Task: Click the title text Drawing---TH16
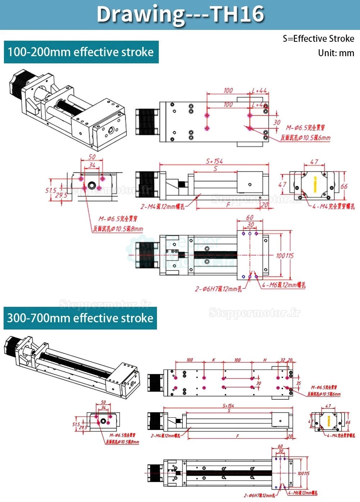[180, 14]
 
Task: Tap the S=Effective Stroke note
[318, 39]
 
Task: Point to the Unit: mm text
[336, 53]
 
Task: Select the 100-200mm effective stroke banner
[81, 52]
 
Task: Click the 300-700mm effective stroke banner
[80, 318]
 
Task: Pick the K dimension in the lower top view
[213, 360]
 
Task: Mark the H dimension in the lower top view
[265, 360]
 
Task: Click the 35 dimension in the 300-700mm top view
[298, 383]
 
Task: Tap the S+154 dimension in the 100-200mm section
[214, 161]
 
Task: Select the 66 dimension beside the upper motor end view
[344, 186]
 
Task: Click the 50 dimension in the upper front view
[92, 157]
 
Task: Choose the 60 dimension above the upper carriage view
[249, 218]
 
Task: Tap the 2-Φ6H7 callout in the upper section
[218, 289]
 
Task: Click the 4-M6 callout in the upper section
[284, 285]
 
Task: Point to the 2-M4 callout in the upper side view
[162, 207]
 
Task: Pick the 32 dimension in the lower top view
[283, 360]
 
